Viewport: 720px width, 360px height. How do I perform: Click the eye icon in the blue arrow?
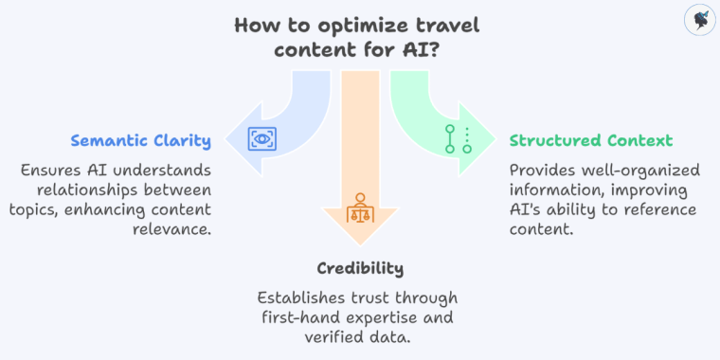261,139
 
